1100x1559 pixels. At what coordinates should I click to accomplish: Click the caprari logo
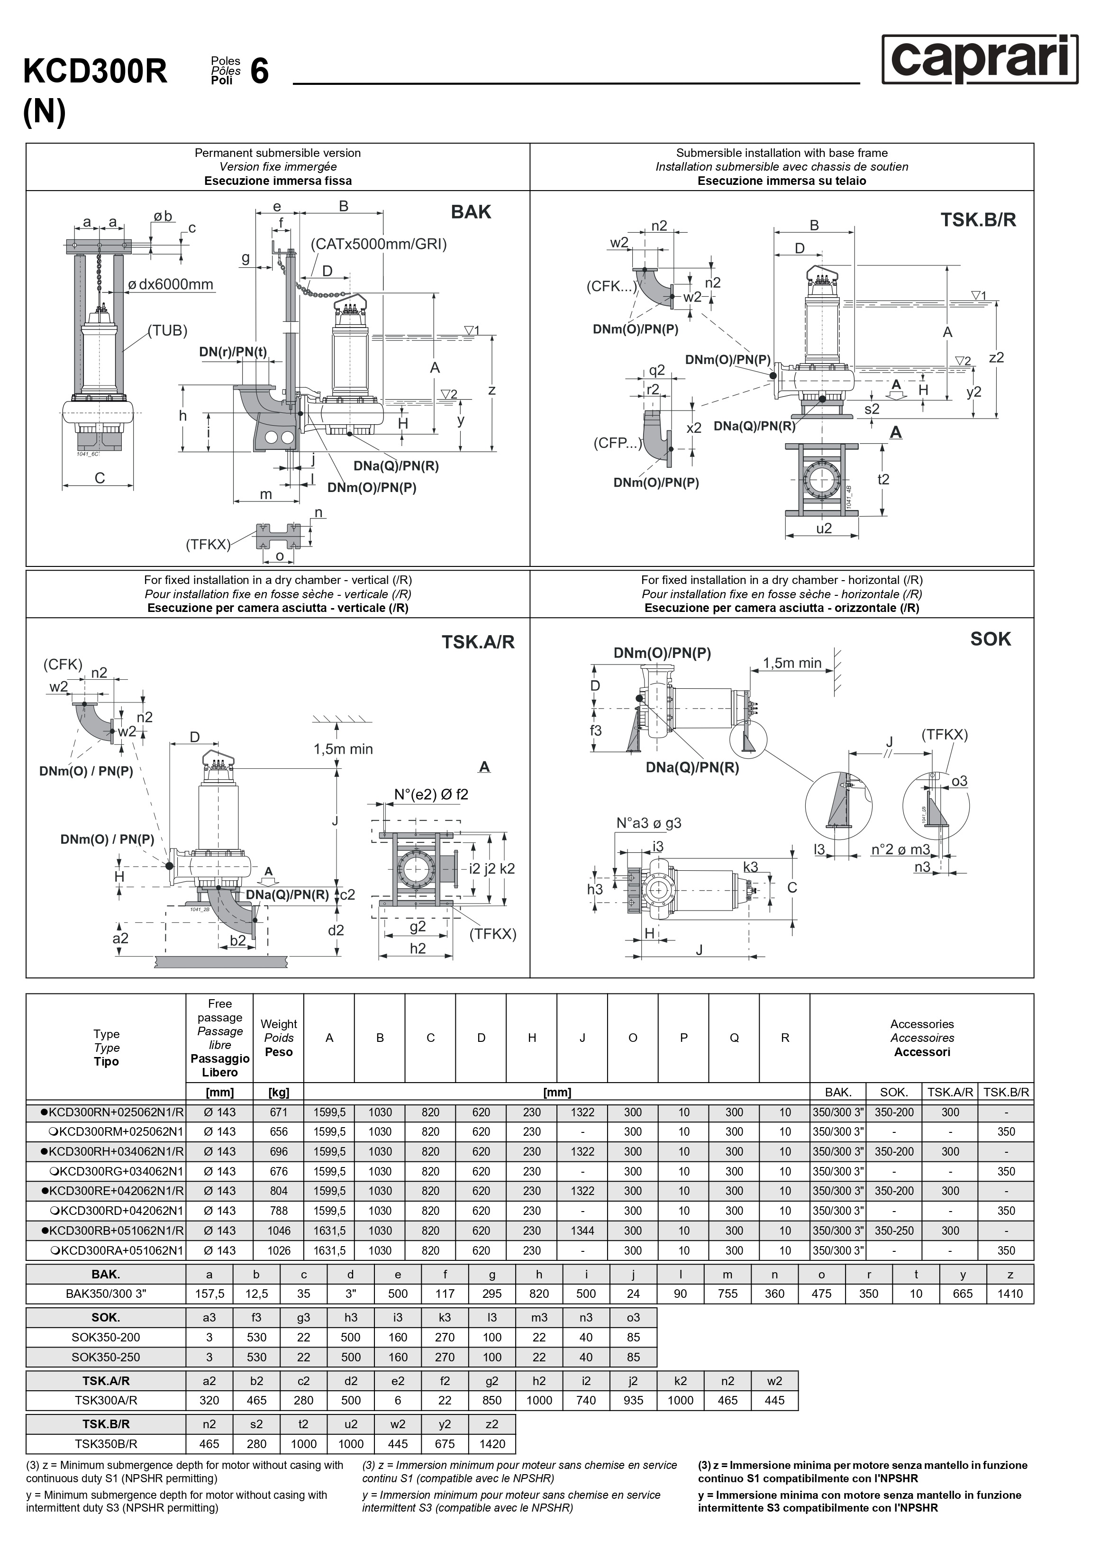[979, 59]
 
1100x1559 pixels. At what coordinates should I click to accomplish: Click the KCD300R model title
[95, 71]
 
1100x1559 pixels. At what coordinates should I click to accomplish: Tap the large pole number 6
[259, 71]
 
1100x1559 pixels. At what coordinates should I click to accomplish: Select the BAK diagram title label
[471, 212]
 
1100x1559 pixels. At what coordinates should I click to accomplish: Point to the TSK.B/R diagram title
[978, 219]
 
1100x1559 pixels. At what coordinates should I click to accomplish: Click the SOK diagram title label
[990, 639]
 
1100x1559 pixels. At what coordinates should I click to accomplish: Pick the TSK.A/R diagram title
[478, 642]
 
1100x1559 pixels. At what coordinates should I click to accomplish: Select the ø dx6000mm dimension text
[171, 284]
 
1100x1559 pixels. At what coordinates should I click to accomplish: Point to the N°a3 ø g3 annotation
[648, 823]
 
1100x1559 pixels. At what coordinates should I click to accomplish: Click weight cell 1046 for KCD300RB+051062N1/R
[278, 1231]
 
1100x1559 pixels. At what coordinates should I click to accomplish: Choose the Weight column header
[278, 1038]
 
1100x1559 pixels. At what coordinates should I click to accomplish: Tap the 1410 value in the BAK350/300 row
[1009, 1294]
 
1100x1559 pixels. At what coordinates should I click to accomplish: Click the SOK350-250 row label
[106, 1357]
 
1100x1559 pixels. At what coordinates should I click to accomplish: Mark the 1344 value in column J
[582, 1231]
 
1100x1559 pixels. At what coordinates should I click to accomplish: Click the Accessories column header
[921, 1038]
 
